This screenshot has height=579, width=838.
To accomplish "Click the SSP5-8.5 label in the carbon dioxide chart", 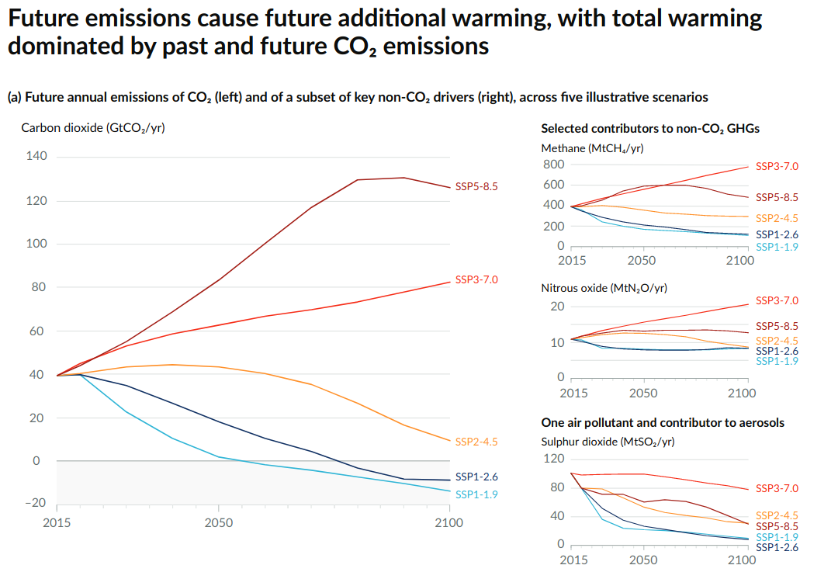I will click(x=476, y=186).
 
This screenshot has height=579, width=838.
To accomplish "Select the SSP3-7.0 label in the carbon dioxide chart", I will click(x=476, y=279).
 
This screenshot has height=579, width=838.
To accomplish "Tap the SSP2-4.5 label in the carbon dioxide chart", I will click(x=476, y=442).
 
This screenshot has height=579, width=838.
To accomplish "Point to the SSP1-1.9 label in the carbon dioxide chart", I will click(x=476, y=494).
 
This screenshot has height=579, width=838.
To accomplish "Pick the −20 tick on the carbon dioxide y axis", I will click(x=35, y=502).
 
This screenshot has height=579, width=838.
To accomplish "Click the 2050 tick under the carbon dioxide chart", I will click(x=219, y=522).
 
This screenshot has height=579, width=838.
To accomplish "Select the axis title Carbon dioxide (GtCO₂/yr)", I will click(x=93, y=128).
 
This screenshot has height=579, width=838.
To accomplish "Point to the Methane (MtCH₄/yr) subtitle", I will click(x=592, y=147).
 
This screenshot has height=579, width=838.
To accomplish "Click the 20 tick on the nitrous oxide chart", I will click(x=556, y=307).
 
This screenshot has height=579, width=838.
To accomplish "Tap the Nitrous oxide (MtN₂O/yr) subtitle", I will click(x=604, y=288).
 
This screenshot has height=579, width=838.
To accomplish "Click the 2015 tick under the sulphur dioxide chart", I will click(x=574, y=560).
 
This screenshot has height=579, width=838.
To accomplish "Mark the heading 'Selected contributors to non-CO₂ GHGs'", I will click(x=650, y=128).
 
